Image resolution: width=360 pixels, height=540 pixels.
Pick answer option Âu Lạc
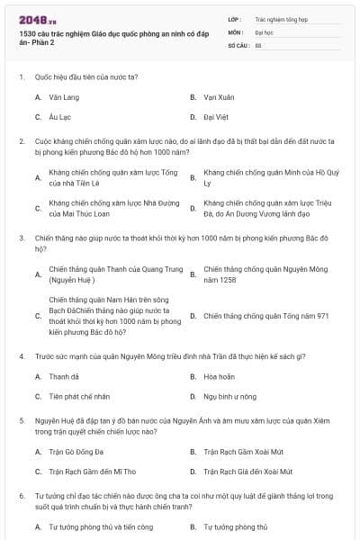(59, 117)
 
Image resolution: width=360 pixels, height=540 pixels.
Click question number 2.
(21, 141)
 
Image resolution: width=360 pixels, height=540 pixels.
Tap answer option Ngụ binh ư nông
(229, 396)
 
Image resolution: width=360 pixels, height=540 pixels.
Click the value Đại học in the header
(264, 31)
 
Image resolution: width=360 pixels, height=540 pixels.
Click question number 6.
(21, 496)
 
